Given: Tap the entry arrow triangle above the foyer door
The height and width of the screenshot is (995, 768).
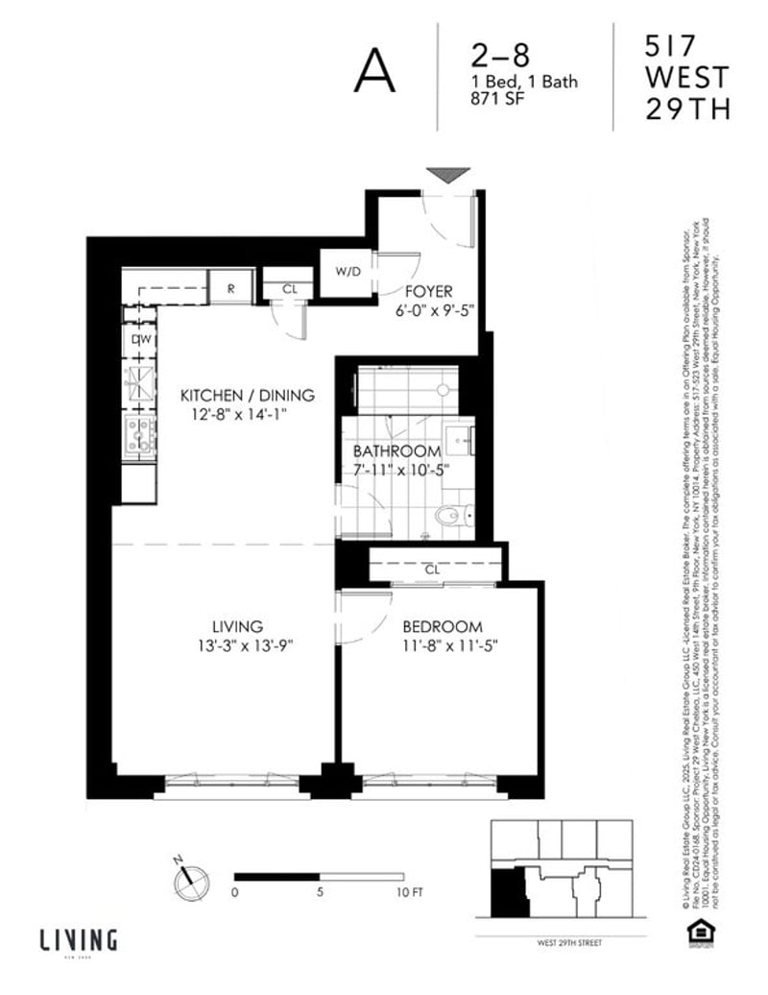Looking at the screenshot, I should (x=448, y=175).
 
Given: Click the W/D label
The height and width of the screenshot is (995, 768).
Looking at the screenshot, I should (x=348, y=271).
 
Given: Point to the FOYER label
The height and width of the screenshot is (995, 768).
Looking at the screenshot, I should (x=428, y=291).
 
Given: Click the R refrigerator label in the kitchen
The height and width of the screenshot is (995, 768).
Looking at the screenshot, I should (x=231, y=288).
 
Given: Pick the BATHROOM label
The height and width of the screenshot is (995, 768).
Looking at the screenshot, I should (x=396, y=450).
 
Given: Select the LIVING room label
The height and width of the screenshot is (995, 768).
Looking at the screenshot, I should (x=240, y=626).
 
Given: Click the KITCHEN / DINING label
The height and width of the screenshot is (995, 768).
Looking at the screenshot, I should (x=249, y=396).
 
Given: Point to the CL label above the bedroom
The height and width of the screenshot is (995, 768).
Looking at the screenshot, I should (x=432, y=570).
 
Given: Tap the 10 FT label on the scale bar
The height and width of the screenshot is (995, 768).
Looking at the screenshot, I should (x=408, y=892).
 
